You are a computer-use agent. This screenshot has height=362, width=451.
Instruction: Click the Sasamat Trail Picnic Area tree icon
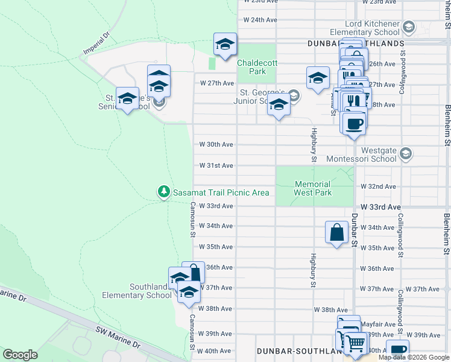(x=163, y=192)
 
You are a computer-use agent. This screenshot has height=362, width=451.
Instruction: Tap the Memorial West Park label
(x=312, y=188)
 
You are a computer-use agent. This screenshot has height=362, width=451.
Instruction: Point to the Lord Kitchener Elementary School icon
(x=409, y=27)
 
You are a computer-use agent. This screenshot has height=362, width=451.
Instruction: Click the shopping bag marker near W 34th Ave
(x=336, y=232)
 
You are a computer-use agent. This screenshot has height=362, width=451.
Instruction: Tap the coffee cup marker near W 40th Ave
(x=398, y=350)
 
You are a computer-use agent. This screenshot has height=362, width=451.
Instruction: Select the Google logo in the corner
(x=20, y=355)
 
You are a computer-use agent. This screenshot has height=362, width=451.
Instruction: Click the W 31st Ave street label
(x=216, y=165)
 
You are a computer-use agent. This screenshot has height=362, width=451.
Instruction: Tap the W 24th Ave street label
(x=260, y=20)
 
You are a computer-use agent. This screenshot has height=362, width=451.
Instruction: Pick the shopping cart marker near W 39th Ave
(x=355, y=343)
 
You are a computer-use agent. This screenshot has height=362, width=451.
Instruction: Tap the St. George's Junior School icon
(x=294, y=95)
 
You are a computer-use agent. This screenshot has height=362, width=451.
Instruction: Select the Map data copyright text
(x=414, y=357)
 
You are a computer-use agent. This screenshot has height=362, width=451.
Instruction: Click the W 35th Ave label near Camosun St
(x=216, y=247)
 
